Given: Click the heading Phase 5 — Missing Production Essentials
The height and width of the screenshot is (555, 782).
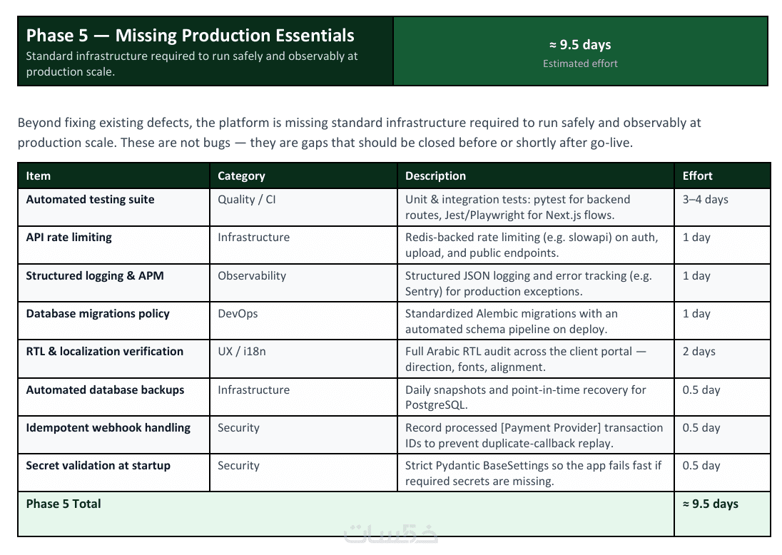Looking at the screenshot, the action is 190,36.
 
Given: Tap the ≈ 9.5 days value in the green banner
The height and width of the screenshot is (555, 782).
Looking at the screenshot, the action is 580,44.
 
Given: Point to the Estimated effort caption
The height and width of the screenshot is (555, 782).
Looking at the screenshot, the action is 580,63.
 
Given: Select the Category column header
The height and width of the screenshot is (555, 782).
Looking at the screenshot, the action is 241,176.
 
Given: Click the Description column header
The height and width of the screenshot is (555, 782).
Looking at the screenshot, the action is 435,176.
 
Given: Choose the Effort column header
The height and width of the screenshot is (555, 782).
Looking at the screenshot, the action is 697,175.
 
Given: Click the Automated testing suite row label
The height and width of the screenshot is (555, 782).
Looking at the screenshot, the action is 91,200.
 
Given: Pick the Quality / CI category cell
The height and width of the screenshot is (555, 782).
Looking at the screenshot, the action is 246,200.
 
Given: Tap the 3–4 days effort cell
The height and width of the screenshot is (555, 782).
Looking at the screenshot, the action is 705,200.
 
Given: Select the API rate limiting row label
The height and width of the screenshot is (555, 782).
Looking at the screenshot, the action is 68,238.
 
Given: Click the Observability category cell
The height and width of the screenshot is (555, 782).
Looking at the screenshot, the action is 252,276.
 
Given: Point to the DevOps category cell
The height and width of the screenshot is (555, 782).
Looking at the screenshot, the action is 238,314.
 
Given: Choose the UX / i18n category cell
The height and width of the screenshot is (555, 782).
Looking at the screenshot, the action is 241,352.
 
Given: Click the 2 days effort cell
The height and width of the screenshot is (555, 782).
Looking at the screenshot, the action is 699,352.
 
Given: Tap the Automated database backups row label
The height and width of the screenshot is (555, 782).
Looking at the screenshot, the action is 105,390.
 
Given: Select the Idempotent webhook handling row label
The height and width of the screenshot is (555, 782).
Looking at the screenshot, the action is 108,428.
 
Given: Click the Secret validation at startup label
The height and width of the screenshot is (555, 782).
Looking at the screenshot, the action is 98,466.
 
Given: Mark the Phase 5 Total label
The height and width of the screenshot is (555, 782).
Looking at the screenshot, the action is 64,504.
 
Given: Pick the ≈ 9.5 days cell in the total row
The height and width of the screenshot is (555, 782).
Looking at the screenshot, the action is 710,504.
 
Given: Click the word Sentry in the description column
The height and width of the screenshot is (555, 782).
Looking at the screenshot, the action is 423,292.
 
